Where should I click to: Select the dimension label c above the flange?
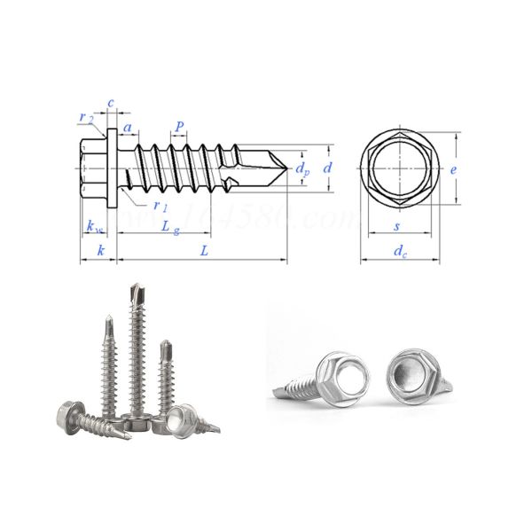(111, 103)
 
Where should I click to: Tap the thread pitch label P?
(180, 128)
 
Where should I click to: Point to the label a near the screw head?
(129, 129)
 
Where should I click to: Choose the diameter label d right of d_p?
(327, 167)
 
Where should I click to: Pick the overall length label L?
(204, 252)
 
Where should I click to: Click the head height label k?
(100, 252)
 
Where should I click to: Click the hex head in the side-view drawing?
(92, 168)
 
